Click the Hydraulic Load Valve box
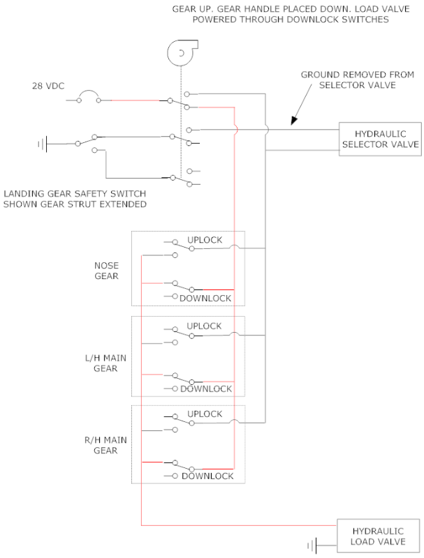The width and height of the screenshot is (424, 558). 379,535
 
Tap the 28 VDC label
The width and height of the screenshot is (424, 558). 47,86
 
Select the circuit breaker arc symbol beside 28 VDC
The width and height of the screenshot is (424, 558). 88,96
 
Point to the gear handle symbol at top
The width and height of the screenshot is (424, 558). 180,52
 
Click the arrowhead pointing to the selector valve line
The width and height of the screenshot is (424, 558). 294,121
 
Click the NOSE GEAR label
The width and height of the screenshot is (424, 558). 106,271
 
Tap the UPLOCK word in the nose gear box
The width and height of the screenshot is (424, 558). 204,240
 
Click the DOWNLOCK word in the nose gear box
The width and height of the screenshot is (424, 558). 205,299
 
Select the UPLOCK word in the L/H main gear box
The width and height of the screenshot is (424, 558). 204,326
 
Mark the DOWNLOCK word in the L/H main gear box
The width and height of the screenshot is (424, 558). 206,389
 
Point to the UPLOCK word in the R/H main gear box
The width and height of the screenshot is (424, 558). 204,414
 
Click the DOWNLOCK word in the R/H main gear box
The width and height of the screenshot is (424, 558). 207,476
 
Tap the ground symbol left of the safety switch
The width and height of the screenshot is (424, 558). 42,144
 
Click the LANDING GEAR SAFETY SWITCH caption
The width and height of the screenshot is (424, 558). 75,199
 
